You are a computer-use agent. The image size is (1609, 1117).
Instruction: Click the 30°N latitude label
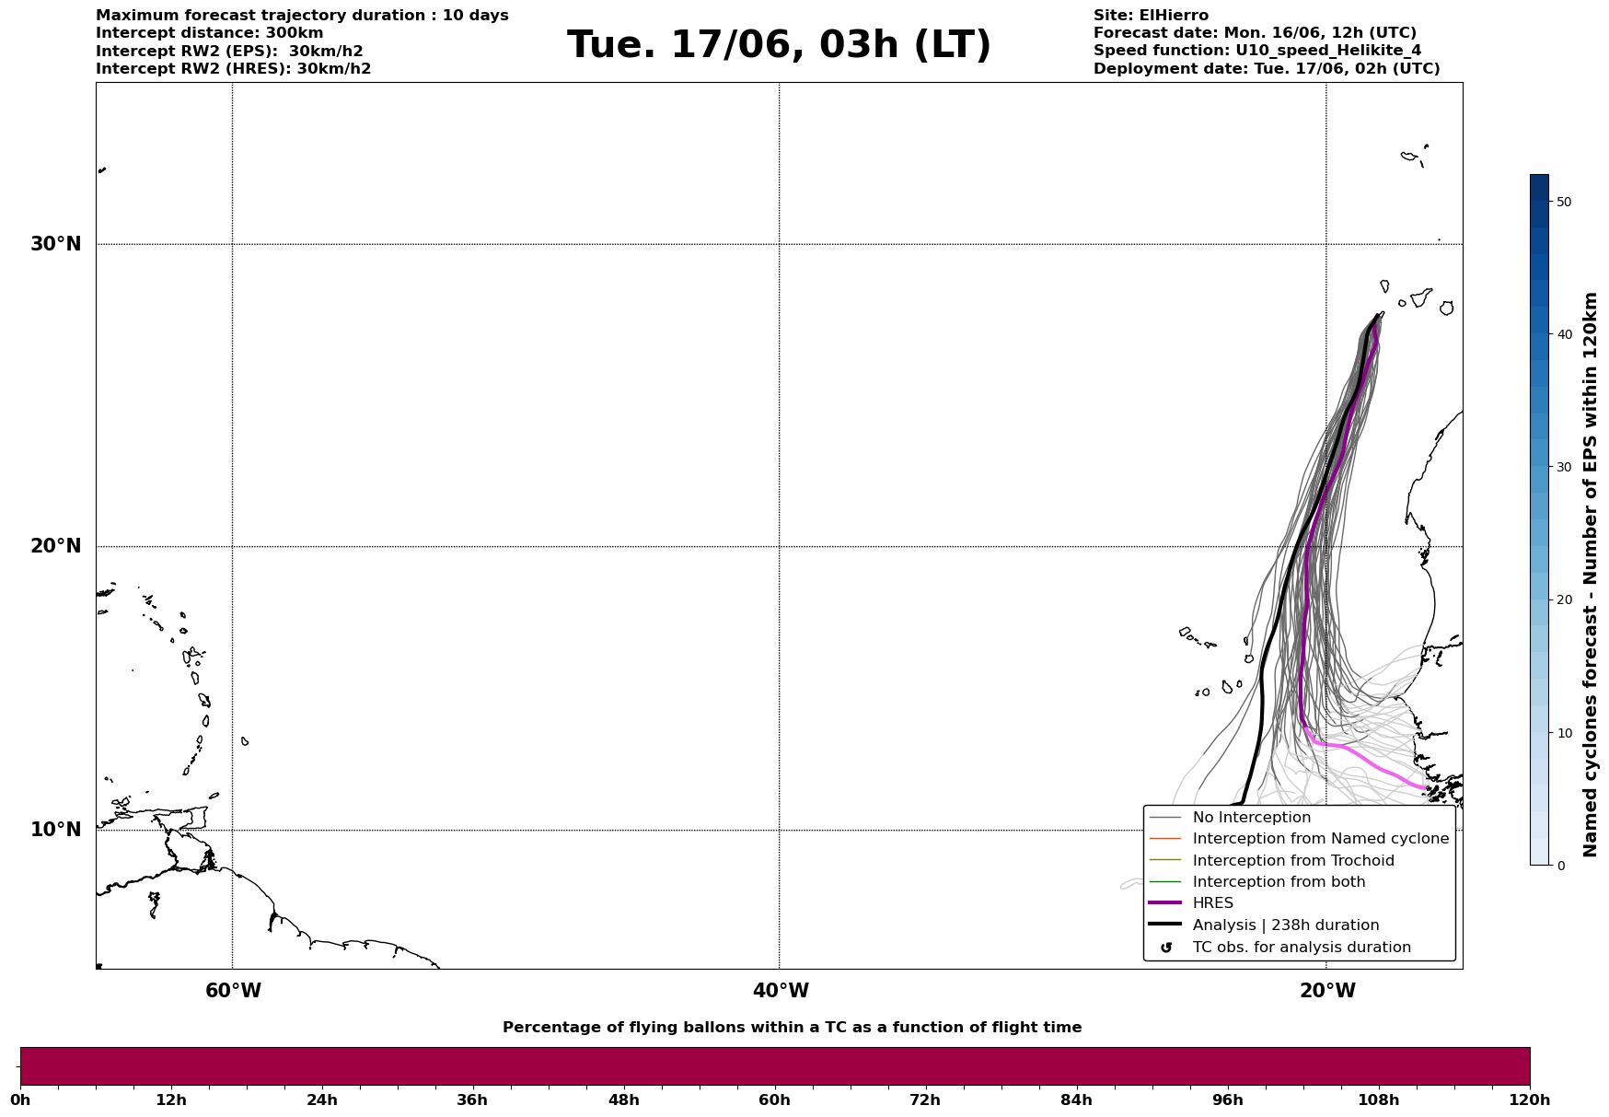click(56, 244)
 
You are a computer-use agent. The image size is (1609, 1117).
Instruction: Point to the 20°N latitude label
click(56, 546)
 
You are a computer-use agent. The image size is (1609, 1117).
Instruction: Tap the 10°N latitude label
click(56, 830)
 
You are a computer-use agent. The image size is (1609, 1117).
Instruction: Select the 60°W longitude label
click(233, 991)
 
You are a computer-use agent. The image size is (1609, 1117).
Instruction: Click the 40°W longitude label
click(781, 991)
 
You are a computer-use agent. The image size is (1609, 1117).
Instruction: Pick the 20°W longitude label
click(1327, 991)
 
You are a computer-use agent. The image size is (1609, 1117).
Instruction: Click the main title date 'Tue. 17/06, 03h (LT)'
click(779, 45)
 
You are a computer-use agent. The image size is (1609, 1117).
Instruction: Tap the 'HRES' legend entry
click(1212, 903)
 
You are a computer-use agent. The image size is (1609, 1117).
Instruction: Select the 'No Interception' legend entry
click(1251, 818)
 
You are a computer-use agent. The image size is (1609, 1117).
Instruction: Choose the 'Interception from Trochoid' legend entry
click(1292, 861)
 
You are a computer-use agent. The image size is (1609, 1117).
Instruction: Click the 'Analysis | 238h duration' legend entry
click(1285, 925)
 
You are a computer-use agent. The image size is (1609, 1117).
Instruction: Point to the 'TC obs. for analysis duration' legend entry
click(1301, 948)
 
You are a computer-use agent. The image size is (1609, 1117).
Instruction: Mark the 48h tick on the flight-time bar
click(623, 1100)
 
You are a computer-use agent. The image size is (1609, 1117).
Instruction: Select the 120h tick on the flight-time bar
click(1529, 1100)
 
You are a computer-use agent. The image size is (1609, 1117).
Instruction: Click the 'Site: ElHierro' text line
click(1151, 16)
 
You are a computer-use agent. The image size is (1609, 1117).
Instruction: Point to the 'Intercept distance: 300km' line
click(209, 33)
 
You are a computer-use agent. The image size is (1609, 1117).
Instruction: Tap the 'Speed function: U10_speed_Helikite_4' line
click(1256, 51)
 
